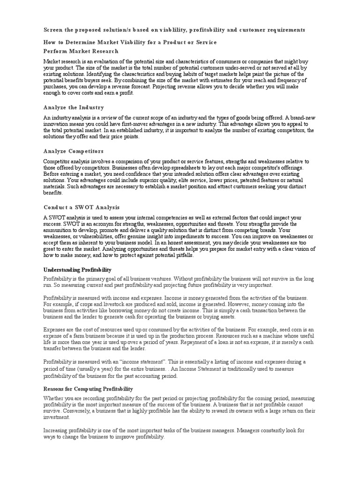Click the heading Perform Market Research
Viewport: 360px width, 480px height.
tap(81, 51)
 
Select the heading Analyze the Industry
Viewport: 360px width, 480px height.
tap(74, 107)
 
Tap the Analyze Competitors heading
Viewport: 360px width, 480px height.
tap(73, 151)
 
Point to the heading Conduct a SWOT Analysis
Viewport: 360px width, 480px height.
tap(82, 207)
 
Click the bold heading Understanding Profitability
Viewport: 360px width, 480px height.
tap(77, 270)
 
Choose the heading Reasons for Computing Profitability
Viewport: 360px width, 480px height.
tap(88, 389)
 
